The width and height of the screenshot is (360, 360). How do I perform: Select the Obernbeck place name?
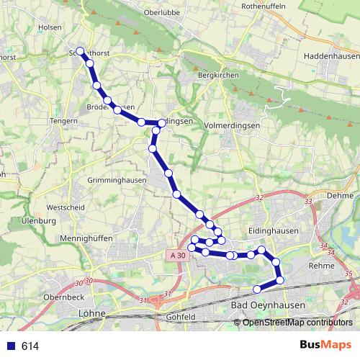pyautogui.click(x=64, y=297)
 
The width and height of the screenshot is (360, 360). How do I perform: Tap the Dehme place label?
pyautogui.click(x=340, y=196)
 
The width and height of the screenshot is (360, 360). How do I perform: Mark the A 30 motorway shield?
pyautogui.click(x=179, y=256)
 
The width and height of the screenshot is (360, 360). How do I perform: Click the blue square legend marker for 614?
pyautogui.click(x=9, y=346)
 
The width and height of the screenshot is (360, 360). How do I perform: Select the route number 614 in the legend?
pyautogui.click(x=30, y=346)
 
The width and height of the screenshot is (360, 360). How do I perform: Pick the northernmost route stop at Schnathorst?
pyautogui.click(x=81, y=51)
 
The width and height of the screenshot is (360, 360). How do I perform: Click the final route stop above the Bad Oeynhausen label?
pyautogui.click(x=257, y=289)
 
